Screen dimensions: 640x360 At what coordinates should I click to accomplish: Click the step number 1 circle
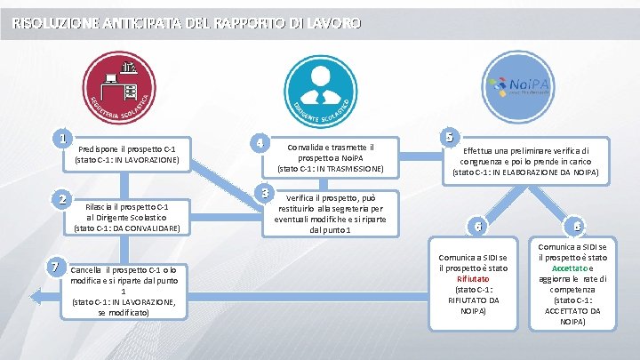pos(61,138)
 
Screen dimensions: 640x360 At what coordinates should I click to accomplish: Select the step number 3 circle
pos(262,193)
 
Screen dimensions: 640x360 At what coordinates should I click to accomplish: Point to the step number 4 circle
pos(259,143)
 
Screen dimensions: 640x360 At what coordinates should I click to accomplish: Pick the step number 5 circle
pos(451,137)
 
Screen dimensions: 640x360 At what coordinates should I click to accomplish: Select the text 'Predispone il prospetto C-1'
pos(132,149)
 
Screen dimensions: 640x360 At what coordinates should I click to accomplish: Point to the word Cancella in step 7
pos(86,269)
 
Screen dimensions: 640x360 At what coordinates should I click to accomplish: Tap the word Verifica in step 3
pos(301,197)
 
